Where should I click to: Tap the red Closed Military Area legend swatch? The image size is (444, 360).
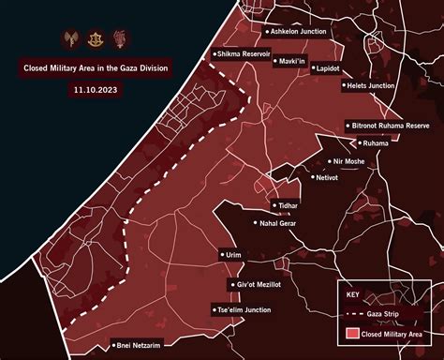pos(352,332)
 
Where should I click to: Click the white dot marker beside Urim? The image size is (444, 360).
pos(217,254)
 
